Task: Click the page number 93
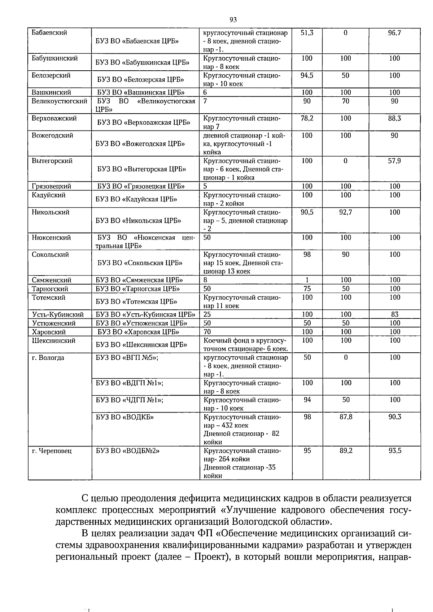pos(233,19)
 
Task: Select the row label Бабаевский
pos(49,33)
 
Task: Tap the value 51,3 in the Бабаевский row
pos(307,33)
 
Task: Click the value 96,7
pos(394,33)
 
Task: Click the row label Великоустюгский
pos(60,101)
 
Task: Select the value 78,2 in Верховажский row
pos(307,118)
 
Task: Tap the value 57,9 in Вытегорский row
pos(394,161)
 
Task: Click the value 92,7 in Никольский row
pos(346,212)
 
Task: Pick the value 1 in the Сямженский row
pos(307,280)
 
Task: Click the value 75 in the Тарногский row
pos(307,289)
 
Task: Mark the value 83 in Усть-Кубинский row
pos(395,314)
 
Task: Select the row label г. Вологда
pos(48,358)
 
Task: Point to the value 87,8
pos(346,417)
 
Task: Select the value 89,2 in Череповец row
pos(346,451)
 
